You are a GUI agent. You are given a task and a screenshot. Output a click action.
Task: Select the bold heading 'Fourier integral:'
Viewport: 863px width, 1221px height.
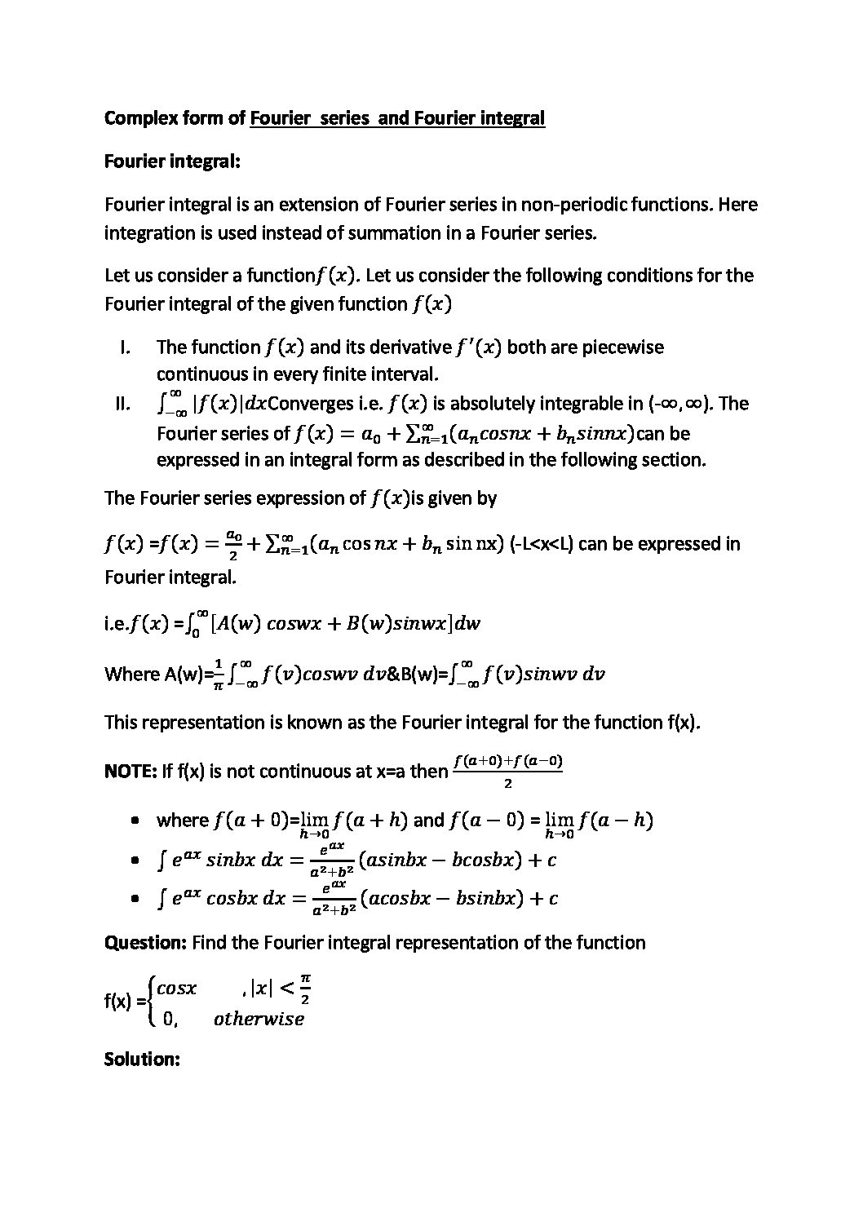click(x=172, y=161)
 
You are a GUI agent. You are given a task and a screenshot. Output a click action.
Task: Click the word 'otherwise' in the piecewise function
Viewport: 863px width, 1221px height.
click(x=259, y=1019)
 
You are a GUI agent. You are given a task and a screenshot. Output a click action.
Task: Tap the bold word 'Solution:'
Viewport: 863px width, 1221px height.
click(x=141, y=1060)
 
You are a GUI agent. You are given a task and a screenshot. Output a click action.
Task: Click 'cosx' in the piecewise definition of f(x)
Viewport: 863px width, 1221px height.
click(x=176, y=989)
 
